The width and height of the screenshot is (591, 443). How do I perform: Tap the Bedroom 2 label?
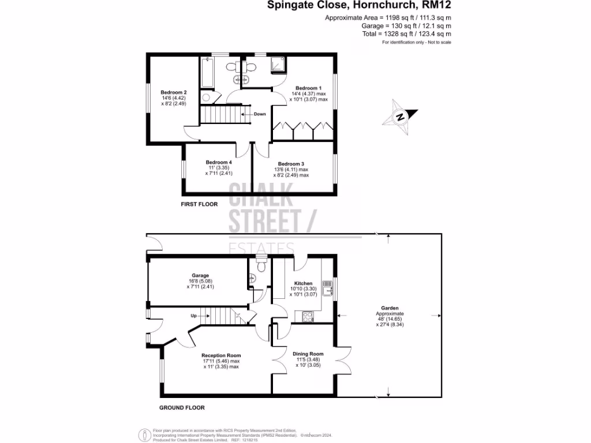174,92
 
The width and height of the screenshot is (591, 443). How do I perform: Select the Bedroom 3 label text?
291,164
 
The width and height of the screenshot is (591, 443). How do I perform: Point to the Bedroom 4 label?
219,162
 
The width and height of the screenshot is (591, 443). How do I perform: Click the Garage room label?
201,276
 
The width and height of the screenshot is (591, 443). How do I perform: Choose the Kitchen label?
304,283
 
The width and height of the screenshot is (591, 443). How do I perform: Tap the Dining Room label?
308,354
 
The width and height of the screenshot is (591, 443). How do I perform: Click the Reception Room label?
221,355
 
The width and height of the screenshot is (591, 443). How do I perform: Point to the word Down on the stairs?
260,114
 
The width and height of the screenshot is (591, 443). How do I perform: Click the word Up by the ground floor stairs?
194,316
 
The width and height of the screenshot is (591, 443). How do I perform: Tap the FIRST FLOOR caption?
199,204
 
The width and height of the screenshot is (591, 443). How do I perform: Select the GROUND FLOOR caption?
182,408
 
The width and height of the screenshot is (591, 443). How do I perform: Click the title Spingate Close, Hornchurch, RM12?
359,6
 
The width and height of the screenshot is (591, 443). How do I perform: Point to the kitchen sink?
328,288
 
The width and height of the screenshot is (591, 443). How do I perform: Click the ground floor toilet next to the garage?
261,266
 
